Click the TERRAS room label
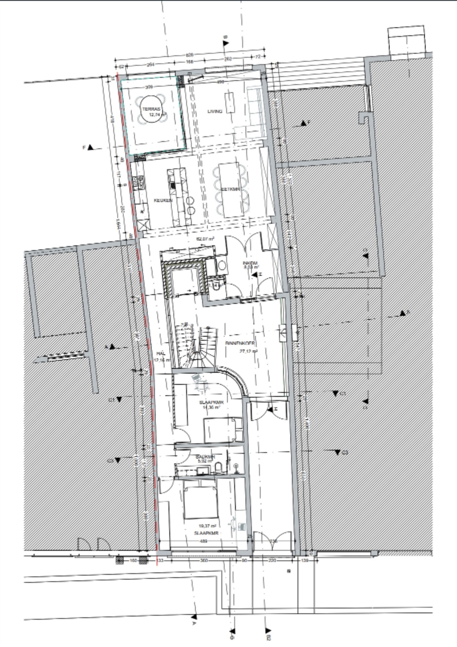click(151, 109)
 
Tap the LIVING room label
click(215, 111)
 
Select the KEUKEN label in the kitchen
click(163, 200)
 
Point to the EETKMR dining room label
click(230, 189)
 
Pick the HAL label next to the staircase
click(161, 353)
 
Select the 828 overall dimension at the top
click(189, 54)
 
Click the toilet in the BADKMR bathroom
click(218, 468)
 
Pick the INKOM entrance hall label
click(250, 263)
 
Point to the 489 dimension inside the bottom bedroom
click(203, 541)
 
